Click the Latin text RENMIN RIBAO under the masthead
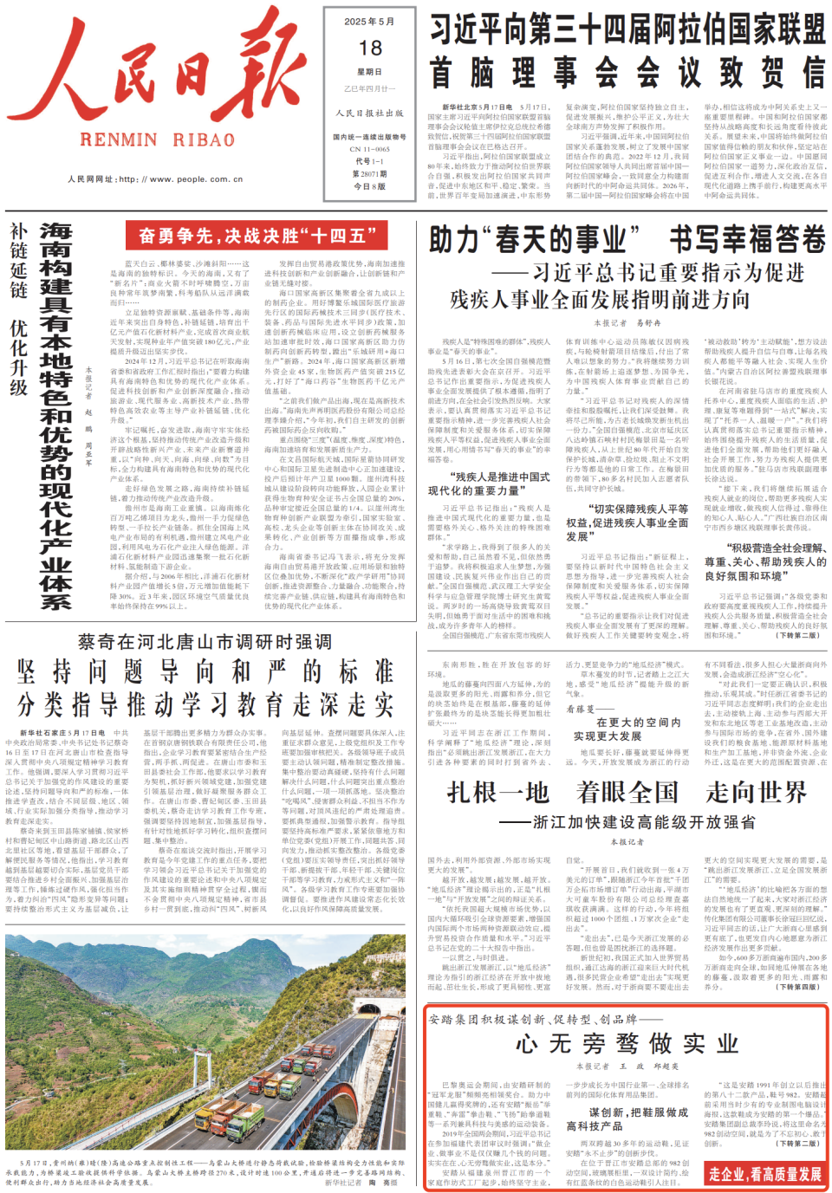(157, 139)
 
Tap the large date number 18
(370, 49)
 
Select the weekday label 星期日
(369, 72)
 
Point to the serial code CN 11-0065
(369, 149)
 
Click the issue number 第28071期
(369, 173)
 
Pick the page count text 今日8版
(369, 186)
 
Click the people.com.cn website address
(155, 179)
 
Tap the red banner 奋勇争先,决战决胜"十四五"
(256, 236)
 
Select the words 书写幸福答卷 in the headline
(747, 240)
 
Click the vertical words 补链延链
(19, 260)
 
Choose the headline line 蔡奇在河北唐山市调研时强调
(205, 642)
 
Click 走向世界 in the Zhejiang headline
(756, 792)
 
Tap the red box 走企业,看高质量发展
(764, 1174)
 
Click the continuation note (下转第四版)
(797, 986)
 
